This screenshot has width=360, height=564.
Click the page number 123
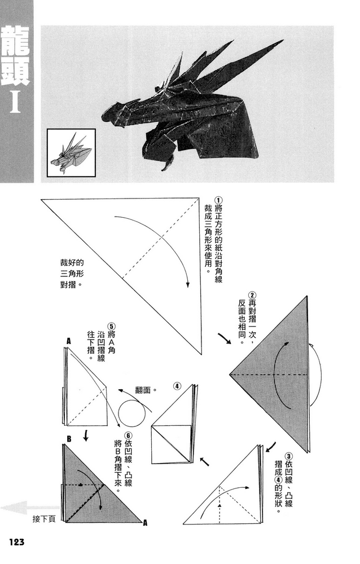(16, 542)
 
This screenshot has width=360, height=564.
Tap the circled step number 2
(253, 295)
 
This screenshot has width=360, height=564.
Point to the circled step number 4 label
(177, 386)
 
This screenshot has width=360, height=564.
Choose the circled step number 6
(129, 435)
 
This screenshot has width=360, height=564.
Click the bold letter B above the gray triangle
(68, 438)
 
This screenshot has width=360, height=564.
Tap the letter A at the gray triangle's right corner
(145, 523)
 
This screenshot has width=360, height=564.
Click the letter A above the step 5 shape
(69, 341)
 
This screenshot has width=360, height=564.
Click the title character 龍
(16, 40)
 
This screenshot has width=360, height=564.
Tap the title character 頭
(16, 72)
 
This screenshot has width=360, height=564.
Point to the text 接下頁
(43, 519)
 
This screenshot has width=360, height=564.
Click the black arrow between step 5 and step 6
(86, 435)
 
